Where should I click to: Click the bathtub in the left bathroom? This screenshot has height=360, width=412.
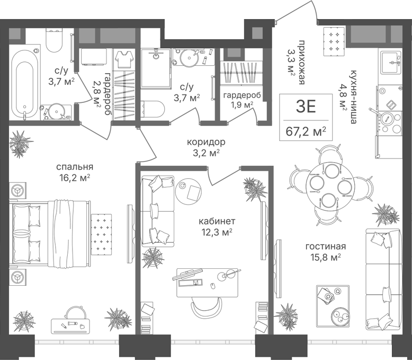click(25, 84)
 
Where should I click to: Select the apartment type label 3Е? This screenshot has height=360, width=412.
click(306, 107)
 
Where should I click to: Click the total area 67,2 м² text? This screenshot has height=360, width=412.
click(306, 131)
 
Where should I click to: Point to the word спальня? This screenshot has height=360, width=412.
click(75, 167)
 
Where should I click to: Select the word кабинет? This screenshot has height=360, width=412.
click(217, 221)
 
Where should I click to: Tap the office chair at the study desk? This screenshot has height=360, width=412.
click(206, 307)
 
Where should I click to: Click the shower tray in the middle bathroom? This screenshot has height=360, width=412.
click(156, 68)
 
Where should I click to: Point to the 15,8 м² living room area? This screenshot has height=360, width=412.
click(326, 257)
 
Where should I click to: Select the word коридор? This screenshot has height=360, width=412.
click(206, 142)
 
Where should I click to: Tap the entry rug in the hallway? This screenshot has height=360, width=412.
click(334, 41)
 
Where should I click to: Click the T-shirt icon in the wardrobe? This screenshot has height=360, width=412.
click(124, 59)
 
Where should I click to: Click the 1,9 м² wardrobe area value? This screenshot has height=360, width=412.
click(241, 106)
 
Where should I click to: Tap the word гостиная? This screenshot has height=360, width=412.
click(326, 247)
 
